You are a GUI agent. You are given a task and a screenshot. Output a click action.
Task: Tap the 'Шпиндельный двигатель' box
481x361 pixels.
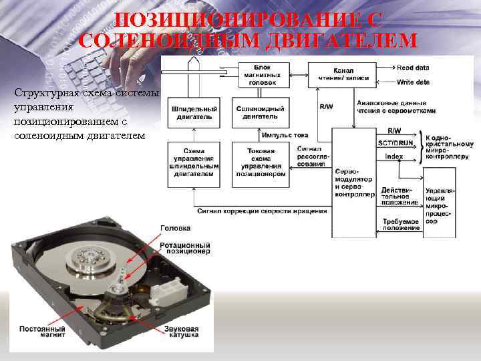tap(193, 112)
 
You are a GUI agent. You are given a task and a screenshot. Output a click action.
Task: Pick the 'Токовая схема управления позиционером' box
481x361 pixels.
tap(261, 162)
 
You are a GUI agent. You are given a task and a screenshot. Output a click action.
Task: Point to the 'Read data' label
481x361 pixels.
tap(413, 68)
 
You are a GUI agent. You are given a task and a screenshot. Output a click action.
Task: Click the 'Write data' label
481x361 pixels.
tap(413, 82)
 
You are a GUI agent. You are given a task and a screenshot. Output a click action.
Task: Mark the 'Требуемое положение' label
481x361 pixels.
tap(401, 224)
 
